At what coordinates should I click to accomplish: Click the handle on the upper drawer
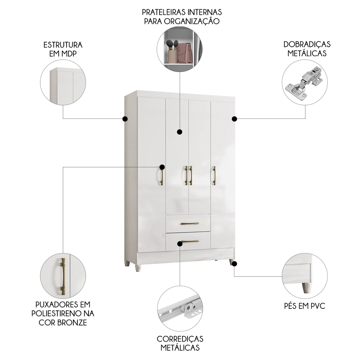coord(190,224)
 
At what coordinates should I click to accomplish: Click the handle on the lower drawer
coord(190,241)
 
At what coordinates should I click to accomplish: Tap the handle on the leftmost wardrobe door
coord(162,176)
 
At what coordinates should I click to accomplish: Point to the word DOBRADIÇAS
coord(307,44)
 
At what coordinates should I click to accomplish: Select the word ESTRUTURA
coord(63,45)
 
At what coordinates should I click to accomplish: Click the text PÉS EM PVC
coord(305,306)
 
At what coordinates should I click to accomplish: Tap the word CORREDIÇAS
coord(180,339)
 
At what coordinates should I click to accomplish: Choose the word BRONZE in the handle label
coord(72,322)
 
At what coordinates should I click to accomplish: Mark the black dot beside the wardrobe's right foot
coord(234,264)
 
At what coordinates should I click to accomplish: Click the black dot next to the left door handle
coord(162,167)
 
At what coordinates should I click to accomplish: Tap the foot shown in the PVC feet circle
coord(307,287)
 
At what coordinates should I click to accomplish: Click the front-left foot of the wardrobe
coord(138,267)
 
